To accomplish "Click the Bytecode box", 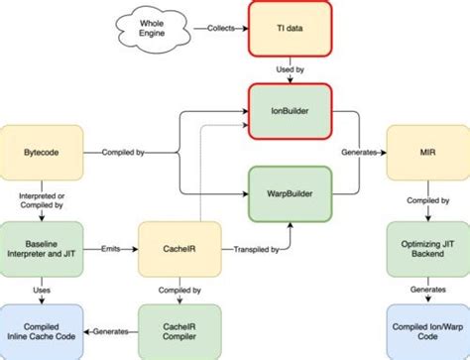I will point(40,152).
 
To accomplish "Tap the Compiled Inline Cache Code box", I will point(40,330).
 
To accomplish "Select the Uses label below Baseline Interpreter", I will point(40,291).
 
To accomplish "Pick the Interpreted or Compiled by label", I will point(40,199).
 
